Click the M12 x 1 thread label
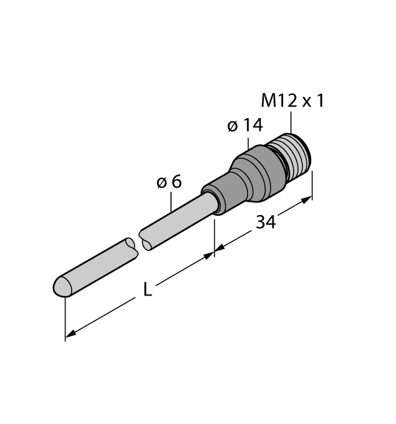(x=292, y=100)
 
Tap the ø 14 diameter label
(x=245, y=125)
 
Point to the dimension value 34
(x=265, y=222)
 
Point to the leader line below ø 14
(x=249, y=142)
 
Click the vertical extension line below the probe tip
(x=64, y=318)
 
